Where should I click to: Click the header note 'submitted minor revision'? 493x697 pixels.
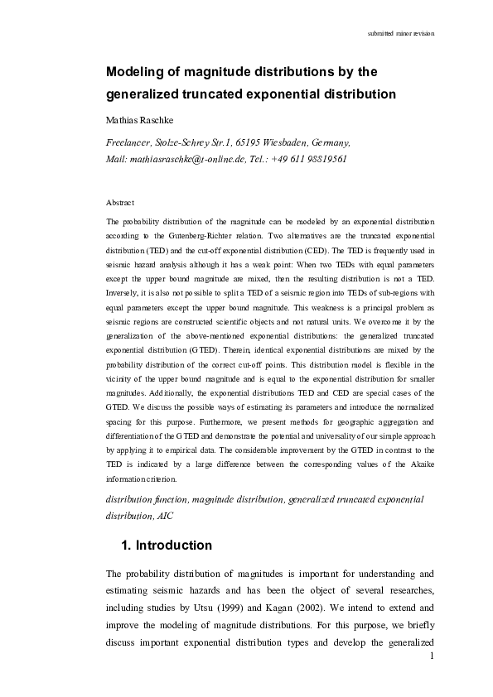pos(401,33)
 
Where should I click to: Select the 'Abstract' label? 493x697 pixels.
pos(121,202)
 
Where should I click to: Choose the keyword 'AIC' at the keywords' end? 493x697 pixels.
pos(167,515)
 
